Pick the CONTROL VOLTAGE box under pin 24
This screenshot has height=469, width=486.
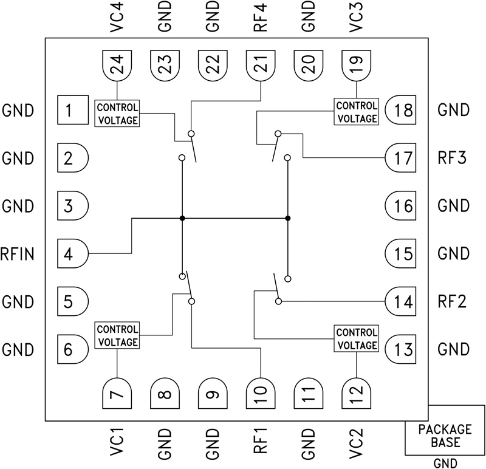[x=117, y=112]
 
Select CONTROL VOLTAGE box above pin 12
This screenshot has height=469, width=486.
[x=356, y=339]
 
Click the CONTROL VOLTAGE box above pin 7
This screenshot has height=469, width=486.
[x=117, y=335]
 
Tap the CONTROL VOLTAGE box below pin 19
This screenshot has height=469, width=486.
[x=356, y=111]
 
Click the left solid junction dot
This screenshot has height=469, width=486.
[x=182, y=217]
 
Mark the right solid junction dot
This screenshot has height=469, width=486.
[x=287, y=217]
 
